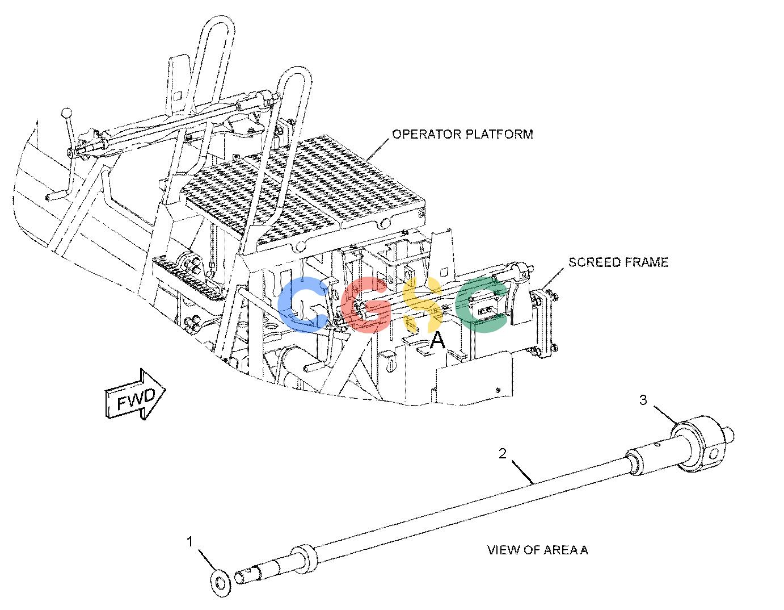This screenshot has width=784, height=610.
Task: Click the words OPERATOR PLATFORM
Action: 462,134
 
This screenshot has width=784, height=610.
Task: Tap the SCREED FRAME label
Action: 618,262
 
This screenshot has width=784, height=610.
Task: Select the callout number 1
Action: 190,542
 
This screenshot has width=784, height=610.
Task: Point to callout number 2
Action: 503,453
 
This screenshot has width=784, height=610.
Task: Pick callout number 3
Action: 643,400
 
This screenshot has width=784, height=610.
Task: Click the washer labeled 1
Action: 221,584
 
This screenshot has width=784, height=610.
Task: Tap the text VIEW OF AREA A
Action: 538,550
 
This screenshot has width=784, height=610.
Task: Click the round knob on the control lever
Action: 67,112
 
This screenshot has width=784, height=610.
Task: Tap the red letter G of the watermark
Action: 366,304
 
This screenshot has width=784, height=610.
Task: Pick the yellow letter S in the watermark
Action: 423,304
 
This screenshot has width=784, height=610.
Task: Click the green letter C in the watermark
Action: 480,304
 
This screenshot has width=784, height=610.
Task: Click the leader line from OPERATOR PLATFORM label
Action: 378,149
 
